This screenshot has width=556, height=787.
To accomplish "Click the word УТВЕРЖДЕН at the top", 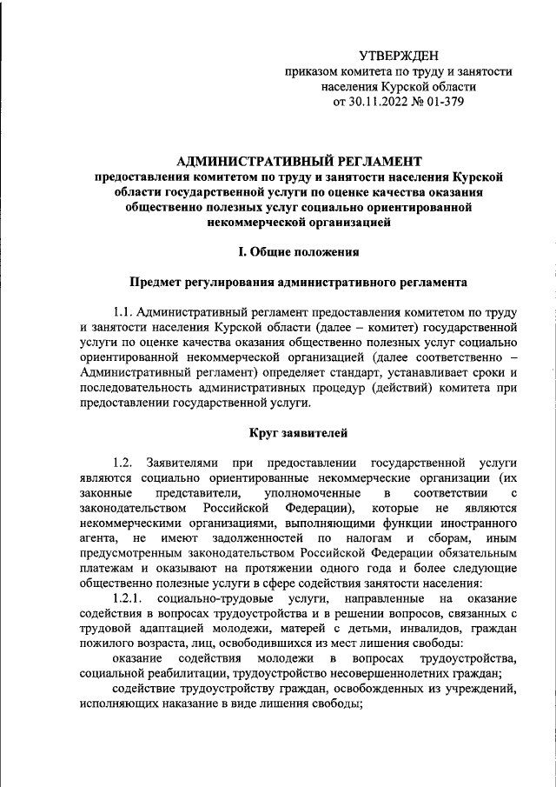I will [x=399, y=56].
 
